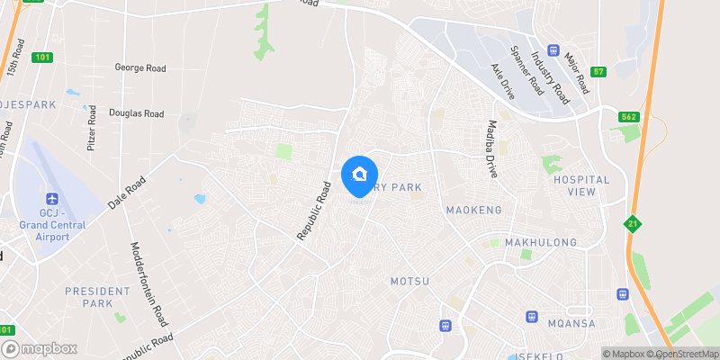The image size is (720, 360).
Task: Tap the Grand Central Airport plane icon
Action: pos(52,198)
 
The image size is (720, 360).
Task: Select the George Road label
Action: pos(139,67)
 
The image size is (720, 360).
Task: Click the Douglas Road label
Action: pos(136,113)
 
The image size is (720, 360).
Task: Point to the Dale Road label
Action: pos(126,193)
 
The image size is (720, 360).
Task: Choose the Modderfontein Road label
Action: pos(150,284)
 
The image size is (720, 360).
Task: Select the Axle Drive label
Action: pos(500,80)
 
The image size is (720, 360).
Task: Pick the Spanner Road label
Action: pos(527,69)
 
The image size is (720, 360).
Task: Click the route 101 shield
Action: pos(42,58)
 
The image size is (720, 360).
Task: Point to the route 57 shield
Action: pos(598,71)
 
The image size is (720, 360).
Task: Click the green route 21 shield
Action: pos(634,223)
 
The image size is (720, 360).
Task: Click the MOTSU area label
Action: pos(410,281)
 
